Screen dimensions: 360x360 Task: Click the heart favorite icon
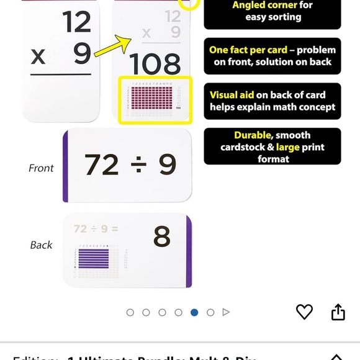tap(304, 312)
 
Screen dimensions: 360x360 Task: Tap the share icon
tap(338, 312)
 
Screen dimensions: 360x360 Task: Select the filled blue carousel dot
tap(194, 312)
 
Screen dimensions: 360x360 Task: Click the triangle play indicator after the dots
tap(227, 312)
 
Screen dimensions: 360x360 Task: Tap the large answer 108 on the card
tap(155, 64)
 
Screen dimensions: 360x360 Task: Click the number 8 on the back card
tap(162, 237)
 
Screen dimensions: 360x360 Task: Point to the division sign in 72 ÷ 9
tap(136, 164)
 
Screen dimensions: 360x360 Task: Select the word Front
tap(41, 168)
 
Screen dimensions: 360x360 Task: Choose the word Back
tap(41, 245)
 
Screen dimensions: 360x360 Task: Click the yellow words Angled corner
tap(264, 5)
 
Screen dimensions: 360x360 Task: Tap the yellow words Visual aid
tap(232, 95)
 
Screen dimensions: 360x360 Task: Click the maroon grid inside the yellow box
tap(151, 98)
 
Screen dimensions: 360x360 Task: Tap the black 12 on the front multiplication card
tap(76, 23)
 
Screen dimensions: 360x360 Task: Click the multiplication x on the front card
tap(38, 56)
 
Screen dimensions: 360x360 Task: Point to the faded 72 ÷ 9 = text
tap(96, 229)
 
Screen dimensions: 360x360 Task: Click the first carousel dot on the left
tap(130, 312)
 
